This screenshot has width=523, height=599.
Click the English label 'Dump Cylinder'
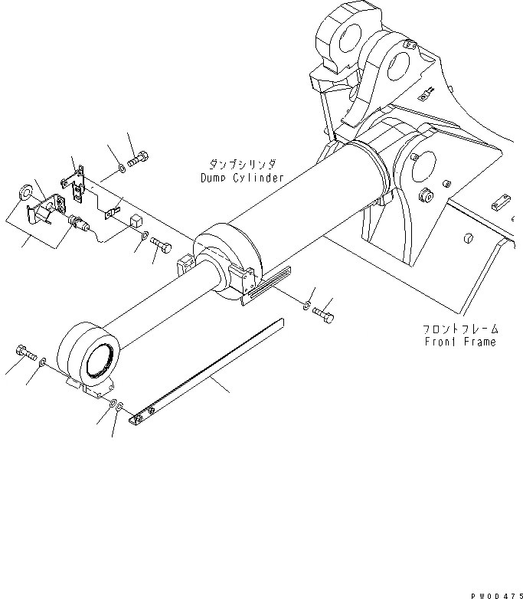pyautogui.click(x=237, y=178)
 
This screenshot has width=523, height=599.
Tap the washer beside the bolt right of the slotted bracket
pyautogui.click(x=306, y=307)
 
